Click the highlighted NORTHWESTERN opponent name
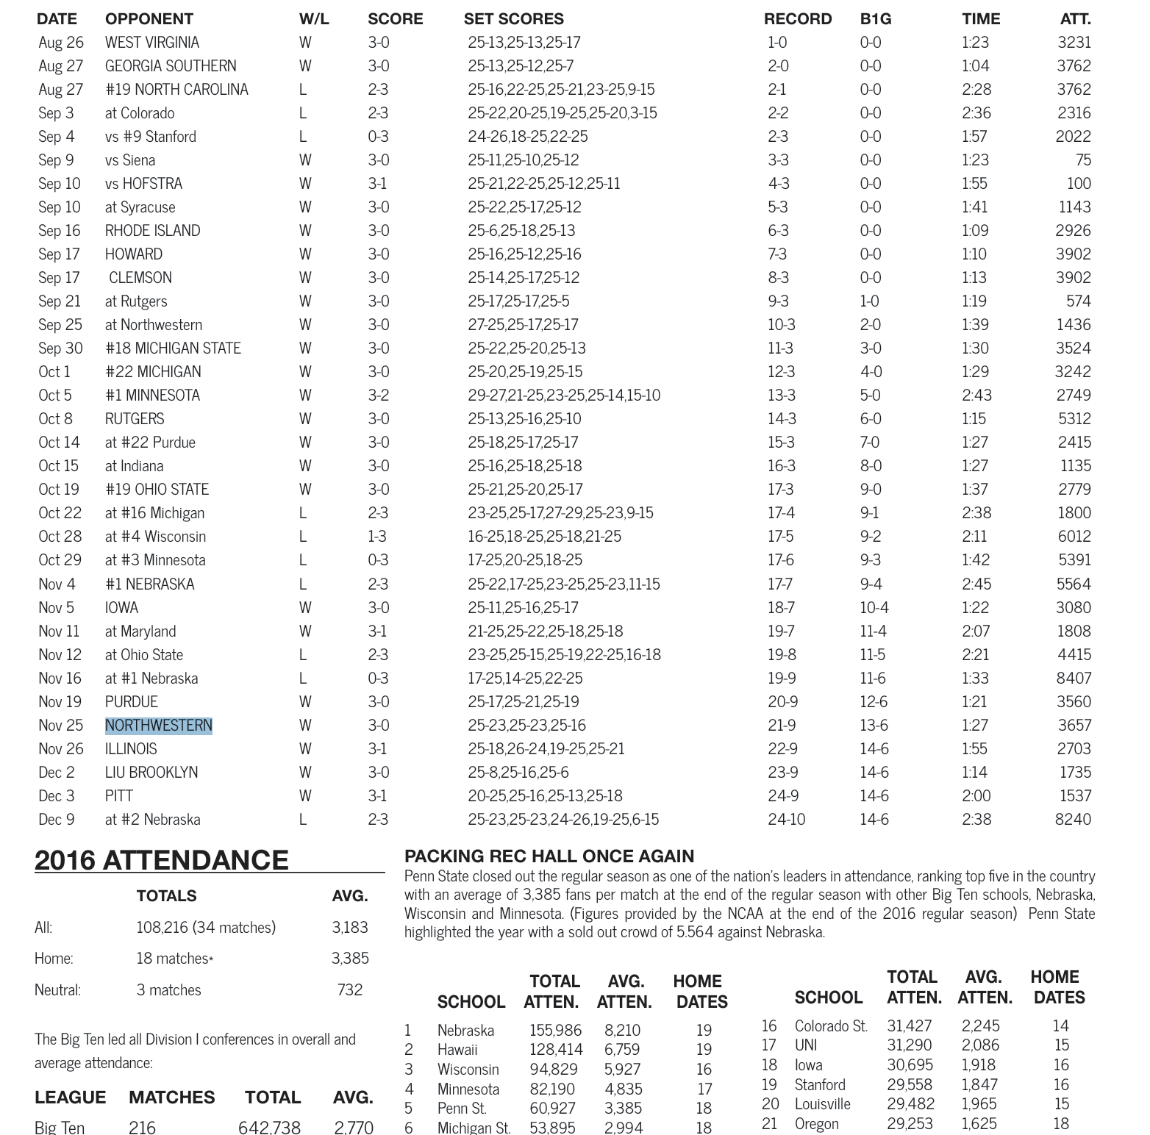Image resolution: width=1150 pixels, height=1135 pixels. pos(158,726)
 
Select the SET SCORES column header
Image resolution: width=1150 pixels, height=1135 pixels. pos(513,19)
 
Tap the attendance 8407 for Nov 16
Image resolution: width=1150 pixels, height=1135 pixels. pos(1073,679)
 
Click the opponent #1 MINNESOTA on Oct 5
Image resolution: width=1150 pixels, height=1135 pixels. pos(152,395)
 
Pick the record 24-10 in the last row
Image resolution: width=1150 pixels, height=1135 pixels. pos(786,820)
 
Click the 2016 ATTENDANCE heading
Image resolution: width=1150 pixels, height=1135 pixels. pos(161,860)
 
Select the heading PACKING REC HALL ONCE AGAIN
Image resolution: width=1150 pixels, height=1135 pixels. pos(549,856)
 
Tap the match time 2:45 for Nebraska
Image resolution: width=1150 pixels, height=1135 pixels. pos(976,584)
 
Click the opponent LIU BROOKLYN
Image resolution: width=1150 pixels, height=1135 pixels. pos(151,773)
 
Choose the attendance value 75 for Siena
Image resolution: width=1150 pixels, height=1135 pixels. pos(1082,160)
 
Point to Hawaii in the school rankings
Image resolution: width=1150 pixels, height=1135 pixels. pos(457,1050)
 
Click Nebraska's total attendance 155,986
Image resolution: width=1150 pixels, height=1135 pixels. pos(555,1031)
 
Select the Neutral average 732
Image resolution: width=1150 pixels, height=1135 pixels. pos(349,990)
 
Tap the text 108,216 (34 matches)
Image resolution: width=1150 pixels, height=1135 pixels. pos(205,928)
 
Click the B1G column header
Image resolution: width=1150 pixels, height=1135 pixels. pos(875,19)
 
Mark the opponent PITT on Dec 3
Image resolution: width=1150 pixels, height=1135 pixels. pos(118,796)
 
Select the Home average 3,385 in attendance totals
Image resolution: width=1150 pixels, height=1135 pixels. pos(349,959)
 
